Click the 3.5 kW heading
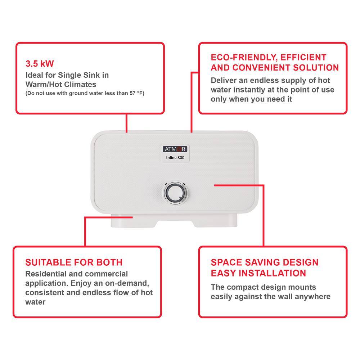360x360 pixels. [40, 64]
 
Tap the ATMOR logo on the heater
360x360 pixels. [174, 149]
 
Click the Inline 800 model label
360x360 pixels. [174, 158]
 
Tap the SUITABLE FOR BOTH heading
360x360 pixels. [74, 262]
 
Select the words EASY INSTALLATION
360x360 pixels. [258, 273]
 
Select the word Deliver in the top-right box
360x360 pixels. [223, 80]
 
